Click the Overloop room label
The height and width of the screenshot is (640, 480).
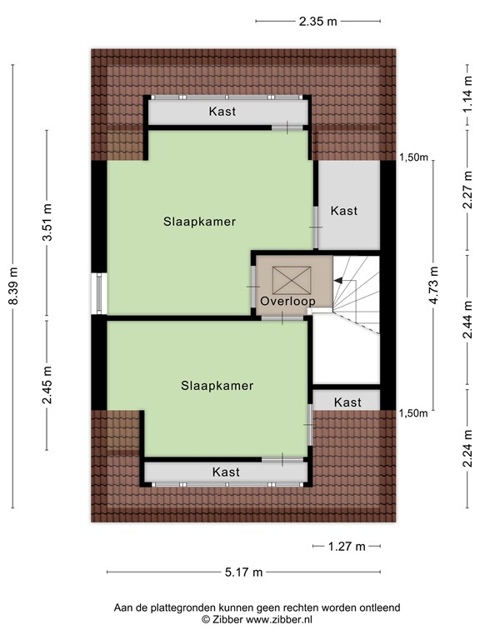287,301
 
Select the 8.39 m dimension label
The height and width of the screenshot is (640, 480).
13,285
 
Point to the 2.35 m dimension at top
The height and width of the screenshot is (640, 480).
318,22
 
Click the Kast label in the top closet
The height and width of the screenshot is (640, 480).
222,111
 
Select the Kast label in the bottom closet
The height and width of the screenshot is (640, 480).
226,472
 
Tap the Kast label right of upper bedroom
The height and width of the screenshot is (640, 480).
344,211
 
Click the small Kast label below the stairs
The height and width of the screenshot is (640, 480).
347,402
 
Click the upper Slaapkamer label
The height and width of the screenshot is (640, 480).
200,222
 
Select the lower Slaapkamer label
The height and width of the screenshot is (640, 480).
217,385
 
